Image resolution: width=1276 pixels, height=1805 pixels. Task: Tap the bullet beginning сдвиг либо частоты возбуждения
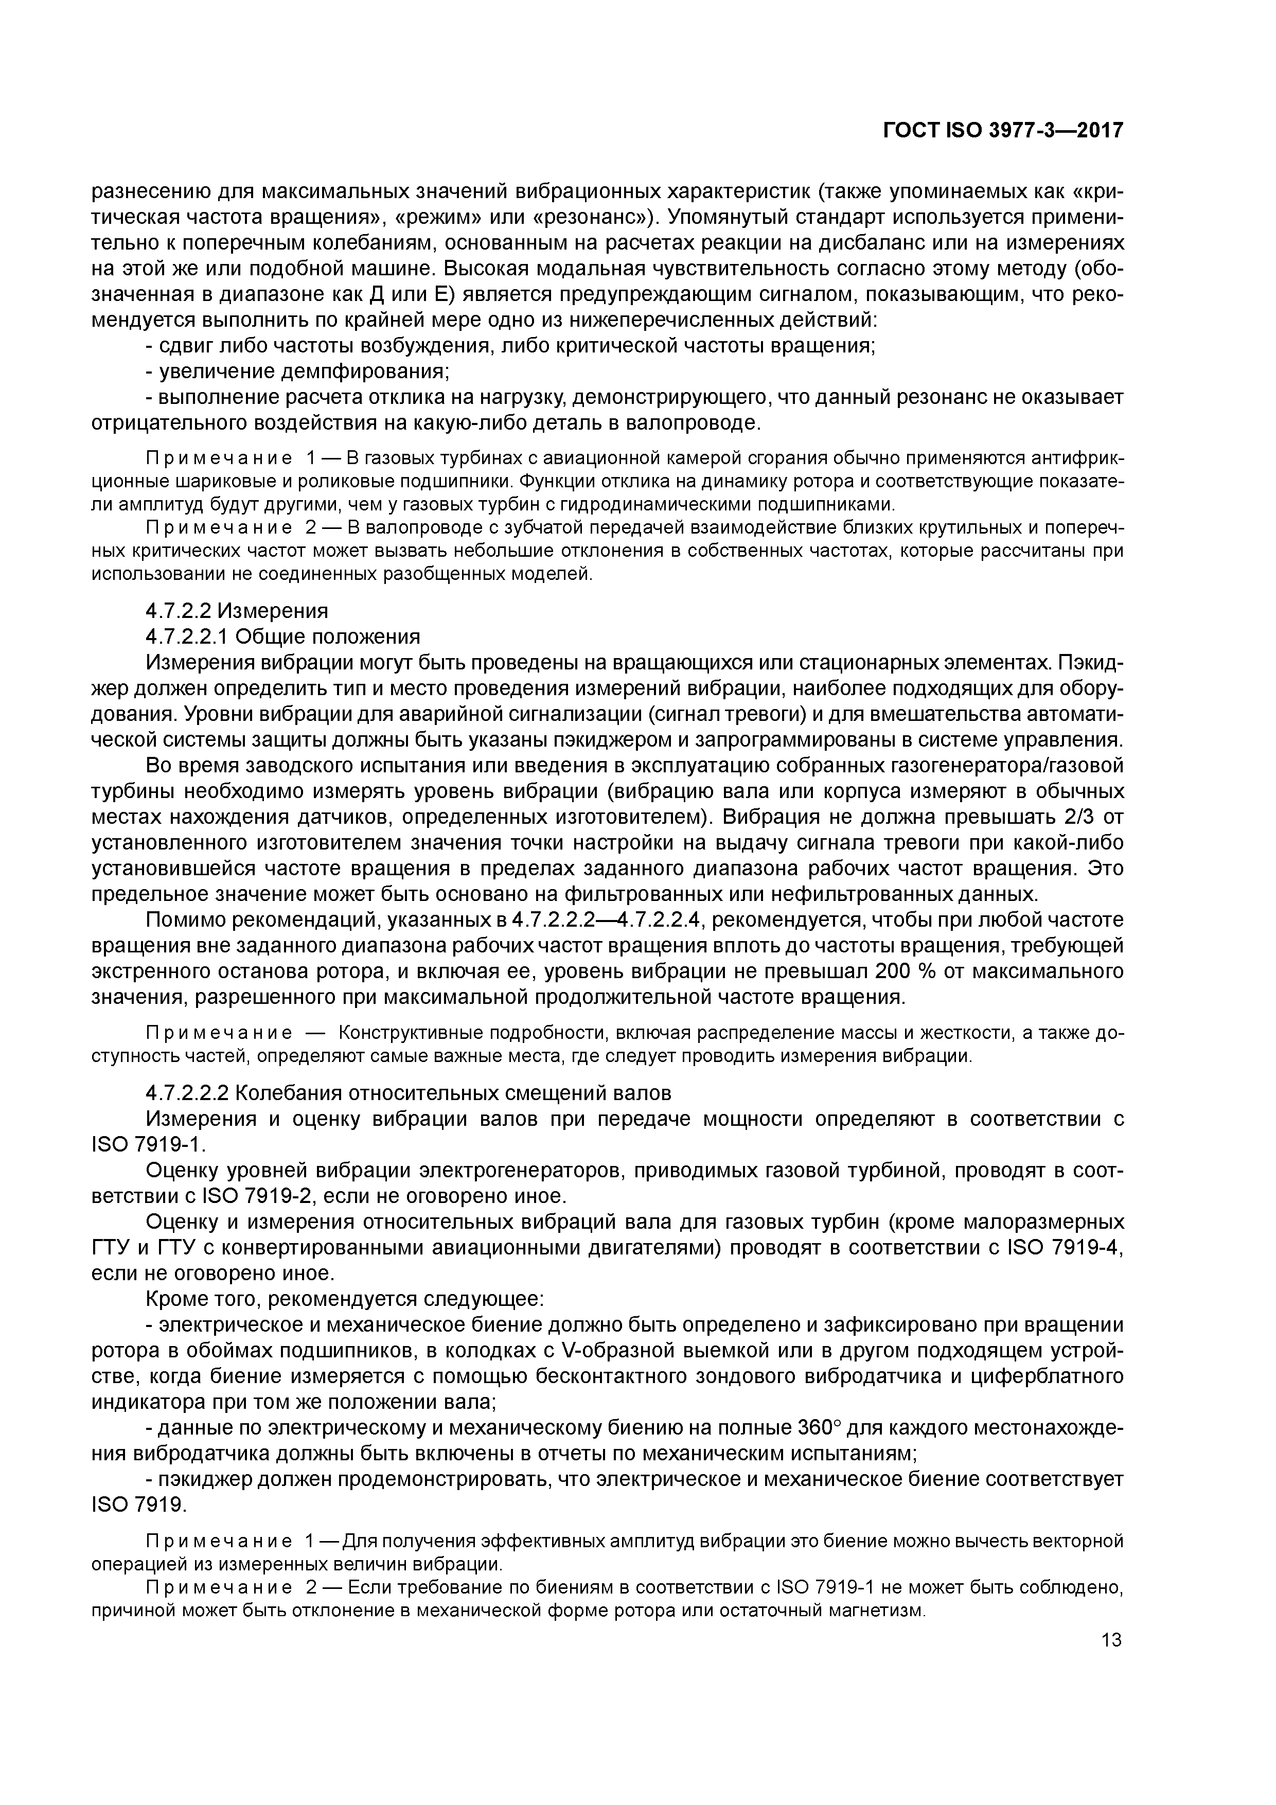click(511, 345)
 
